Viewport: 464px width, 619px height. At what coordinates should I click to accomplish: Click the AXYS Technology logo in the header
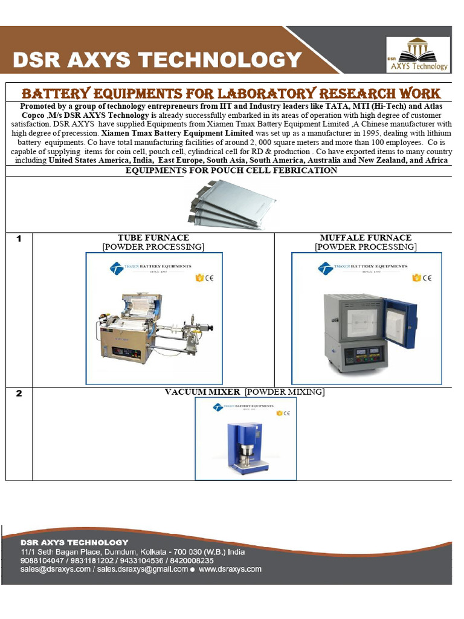[x=418, y=54]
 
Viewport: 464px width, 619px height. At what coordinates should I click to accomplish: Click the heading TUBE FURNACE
[x=153, y=238]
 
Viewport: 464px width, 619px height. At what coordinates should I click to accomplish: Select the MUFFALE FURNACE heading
[x=366, y=238]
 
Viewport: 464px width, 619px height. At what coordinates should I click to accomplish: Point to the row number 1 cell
[x=19, y=239]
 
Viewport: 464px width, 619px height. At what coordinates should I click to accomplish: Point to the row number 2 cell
[x=19, y=394]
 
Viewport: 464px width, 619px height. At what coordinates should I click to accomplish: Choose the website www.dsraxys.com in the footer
[x=230, y=569]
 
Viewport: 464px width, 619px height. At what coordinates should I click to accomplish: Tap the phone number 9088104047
[x=37, y=560]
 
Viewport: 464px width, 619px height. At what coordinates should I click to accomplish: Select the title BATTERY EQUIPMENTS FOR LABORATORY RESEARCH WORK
[x=231, y=93]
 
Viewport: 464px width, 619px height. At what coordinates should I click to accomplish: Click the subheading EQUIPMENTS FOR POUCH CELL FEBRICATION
[x=231, y=170]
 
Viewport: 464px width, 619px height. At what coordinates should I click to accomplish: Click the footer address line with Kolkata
[x=133, y=552]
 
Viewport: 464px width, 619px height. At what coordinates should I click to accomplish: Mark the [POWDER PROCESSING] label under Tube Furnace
[x=153, y=247]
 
